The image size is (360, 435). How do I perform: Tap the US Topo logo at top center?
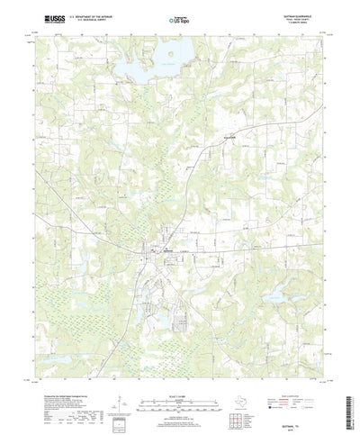coord(179,18)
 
